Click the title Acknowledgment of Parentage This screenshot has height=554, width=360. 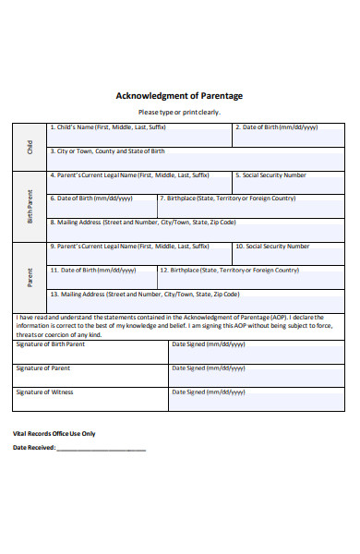coord(179,95)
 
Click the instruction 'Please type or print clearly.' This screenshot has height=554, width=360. coord(179,112)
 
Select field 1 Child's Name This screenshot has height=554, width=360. coord(138,135)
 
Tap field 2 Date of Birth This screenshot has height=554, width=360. coord(289,135)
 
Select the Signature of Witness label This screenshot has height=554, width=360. coord(44,391)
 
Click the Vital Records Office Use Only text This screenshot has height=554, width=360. coord(54,433)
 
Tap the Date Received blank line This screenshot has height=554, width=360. coord(101,449)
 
